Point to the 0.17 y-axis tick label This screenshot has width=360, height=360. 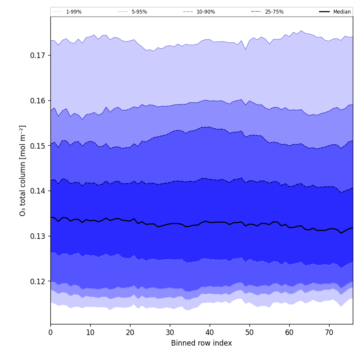pos(38,55)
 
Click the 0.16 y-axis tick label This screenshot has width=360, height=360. pos(38,101)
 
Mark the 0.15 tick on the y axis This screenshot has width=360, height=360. pos(38,146)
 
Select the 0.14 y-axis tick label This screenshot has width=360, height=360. pos(38,191)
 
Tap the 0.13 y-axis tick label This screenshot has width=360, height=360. pos(38,236)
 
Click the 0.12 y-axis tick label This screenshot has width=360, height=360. pos(38,281)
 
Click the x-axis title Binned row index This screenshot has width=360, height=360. pos(202,343)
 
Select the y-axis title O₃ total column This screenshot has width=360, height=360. pos(23,170)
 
